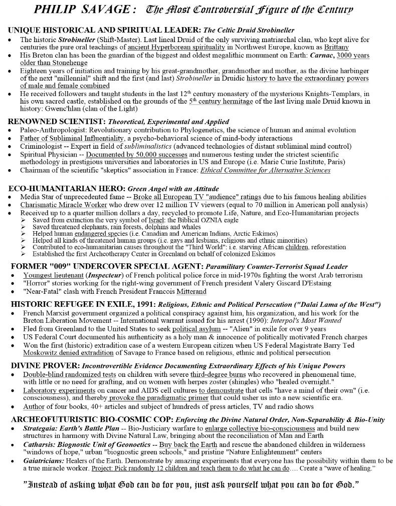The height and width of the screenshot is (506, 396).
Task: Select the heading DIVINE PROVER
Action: tap(44, 365)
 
